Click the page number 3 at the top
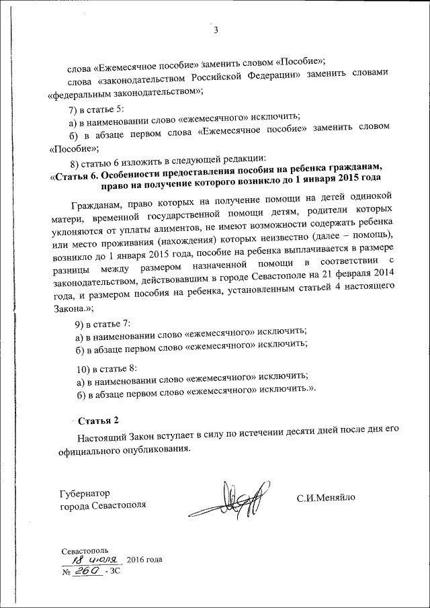[215, 30]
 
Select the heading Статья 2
[98, 421]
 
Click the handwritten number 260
[88, 570]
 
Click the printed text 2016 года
[144, 560]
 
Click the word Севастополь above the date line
[83, 550]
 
